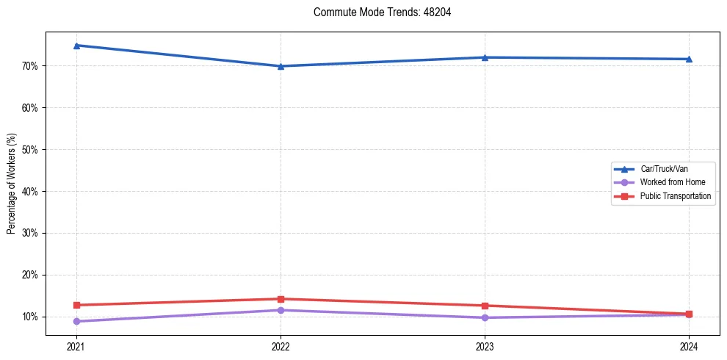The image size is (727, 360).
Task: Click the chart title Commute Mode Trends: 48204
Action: [x=377, y=12]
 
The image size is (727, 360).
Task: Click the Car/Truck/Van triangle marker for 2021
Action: [x=76, y=46]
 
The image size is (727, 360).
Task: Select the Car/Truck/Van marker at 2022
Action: [x=281, y=66]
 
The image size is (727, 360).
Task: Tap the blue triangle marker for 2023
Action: [x=485, y=57]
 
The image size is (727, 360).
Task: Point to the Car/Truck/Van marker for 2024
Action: [x=689, y=59]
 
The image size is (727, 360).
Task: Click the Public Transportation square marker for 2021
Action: [x=76, y=305]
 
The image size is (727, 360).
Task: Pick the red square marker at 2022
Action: [x=281, y=299]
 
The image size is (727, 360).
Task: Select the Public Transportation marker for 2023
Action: [x=485, y=306]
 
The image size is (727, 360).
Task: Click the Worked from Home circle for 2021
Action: [x=76, y=321]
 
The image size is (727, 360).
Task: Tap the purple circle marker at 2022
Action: [x=281, y=310]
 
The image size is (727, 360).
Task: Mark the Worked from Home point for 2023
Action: [x=485, y=317]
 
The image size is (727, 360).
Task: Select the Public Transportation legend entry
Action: [x=675, y=196]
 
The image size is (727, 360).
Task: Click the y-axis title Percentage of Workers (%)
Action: [x=12, y=184]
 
